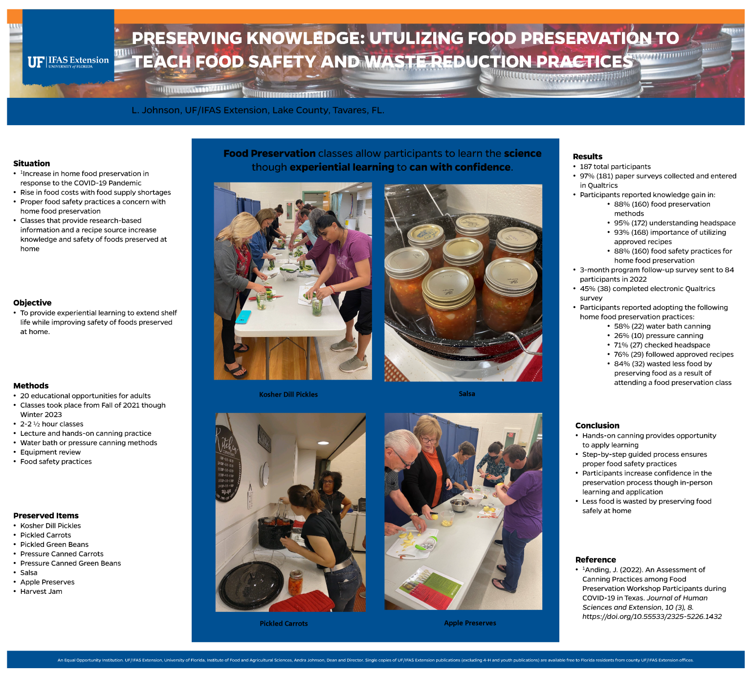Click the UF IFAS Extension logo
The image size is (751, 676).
coord(68,62)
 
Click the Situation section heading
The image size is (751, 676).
coord(31,163)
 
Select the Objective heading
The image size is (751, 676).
coord(32,303)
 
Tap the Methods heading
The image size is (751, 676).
coord(31,386)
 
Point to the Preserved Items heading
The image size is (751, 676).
coord(46,516)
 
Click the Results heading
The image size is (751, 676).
coord(587,157)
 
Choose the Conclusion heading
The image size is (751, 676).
coord(597,426)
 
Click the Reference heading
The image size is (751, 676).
coord(595,560)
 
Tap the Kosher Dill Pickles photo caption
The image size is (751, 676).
coord(288,395)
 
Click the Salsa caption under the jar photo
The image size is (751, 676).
coord(466,394)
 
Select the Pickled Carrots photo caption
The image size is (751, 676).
coord(284,624)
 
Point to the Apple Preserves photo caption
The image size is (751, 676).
coord(470,623)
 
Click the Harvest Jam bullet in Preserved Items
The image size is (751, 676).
coord(41,591)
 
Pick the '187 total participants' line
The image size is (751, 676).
coord(615,167)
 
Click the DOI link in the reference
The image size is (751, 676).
coord(652,616)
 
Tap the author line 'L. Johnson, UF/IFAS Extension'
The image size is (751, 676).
coord(258,111)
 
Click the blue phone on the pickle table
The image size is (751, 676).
coord(243,317)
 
